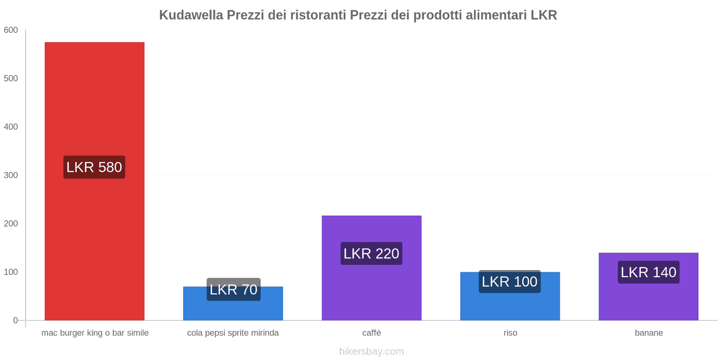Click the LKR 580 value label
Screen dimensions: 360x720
coord(94,167)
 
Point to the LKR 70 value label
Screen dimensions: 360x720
coord(234,289)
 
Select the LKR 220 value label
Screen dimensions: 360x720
coord(371,254)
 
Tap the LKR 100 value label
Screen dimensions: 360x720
coord(510,282)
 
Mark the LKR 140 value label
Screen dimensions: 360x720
coord(648,272)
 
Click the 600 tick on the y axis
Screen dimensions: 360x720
coord(11,30)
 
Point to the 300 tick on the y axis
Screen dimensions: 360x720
coord(11,175)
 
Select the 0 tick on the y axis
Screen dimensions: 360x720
coord(15,320)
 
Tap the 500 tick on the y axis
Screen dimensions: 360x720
coord(11,78)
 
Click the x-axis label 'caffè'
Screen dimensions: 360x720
coord(372,333)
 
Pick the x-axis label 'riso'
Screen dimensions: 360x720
coord(510,333)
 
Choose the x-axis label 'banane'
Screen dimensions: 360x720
coord(648,333)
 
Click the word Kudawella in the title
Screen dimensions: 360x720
coord(191,15)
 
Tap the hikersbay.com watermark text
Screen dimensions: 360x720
coord(372,351)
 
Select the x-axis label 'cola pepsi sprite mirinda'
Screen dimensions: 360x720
coord(233,333)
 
